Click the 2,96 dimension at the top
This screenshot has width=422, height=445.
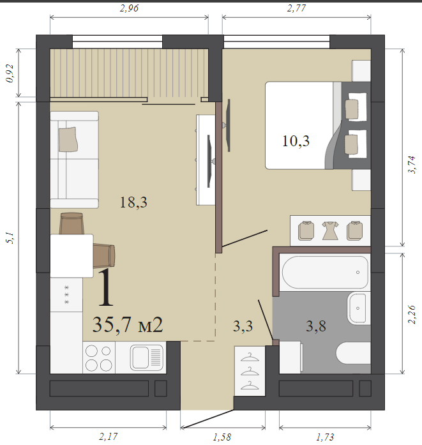click(x=129, y=8)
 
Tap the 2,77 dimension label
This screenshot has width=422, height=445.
click(x=296, y=8)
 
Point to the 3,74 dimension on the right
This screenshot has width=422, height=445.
click(x=412, y=164)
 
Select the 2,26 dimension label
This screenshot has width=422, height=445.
click(x=412, y=314)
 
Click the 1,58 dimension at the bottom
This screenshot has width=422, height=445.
click(x=222, y=437)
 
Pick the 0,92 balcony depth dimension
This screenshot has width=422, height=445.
click(x=10, y=73)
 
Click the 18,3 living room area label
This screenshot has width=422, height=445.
click(x=133, y=202)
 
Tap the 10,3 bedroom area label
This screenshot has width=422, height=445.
click(x=296, y=140)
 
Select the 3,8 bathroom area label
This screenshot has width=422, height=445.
click(x=316, y=326)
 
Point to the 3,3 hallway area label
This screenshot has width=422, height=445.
click(x=243, y=326)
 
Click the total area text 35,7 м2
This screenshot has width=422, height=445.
click(x=128, y=325)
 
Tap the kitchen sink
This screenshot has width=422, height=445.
click(x=147, y=358)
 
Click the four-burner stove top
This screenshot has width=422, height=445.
click(x=99, y=358)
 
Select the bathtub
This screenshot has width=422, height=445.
click(x=325, y=273)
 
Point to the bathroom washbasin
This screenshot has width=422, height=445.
click(x=358, y=308)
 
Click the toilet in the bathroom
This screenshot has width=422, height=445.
click(x=353, y=353)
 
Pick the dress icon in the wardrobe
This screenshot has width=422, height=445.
click(x=330, y=230)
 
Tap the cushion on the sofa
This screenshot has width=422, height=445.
click(x=68, y=139)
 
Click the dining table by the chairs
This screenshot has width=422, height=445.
click(x=72, y=256)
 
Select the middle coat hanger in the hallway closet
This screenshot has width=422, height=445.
click(x=250, y=371)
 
